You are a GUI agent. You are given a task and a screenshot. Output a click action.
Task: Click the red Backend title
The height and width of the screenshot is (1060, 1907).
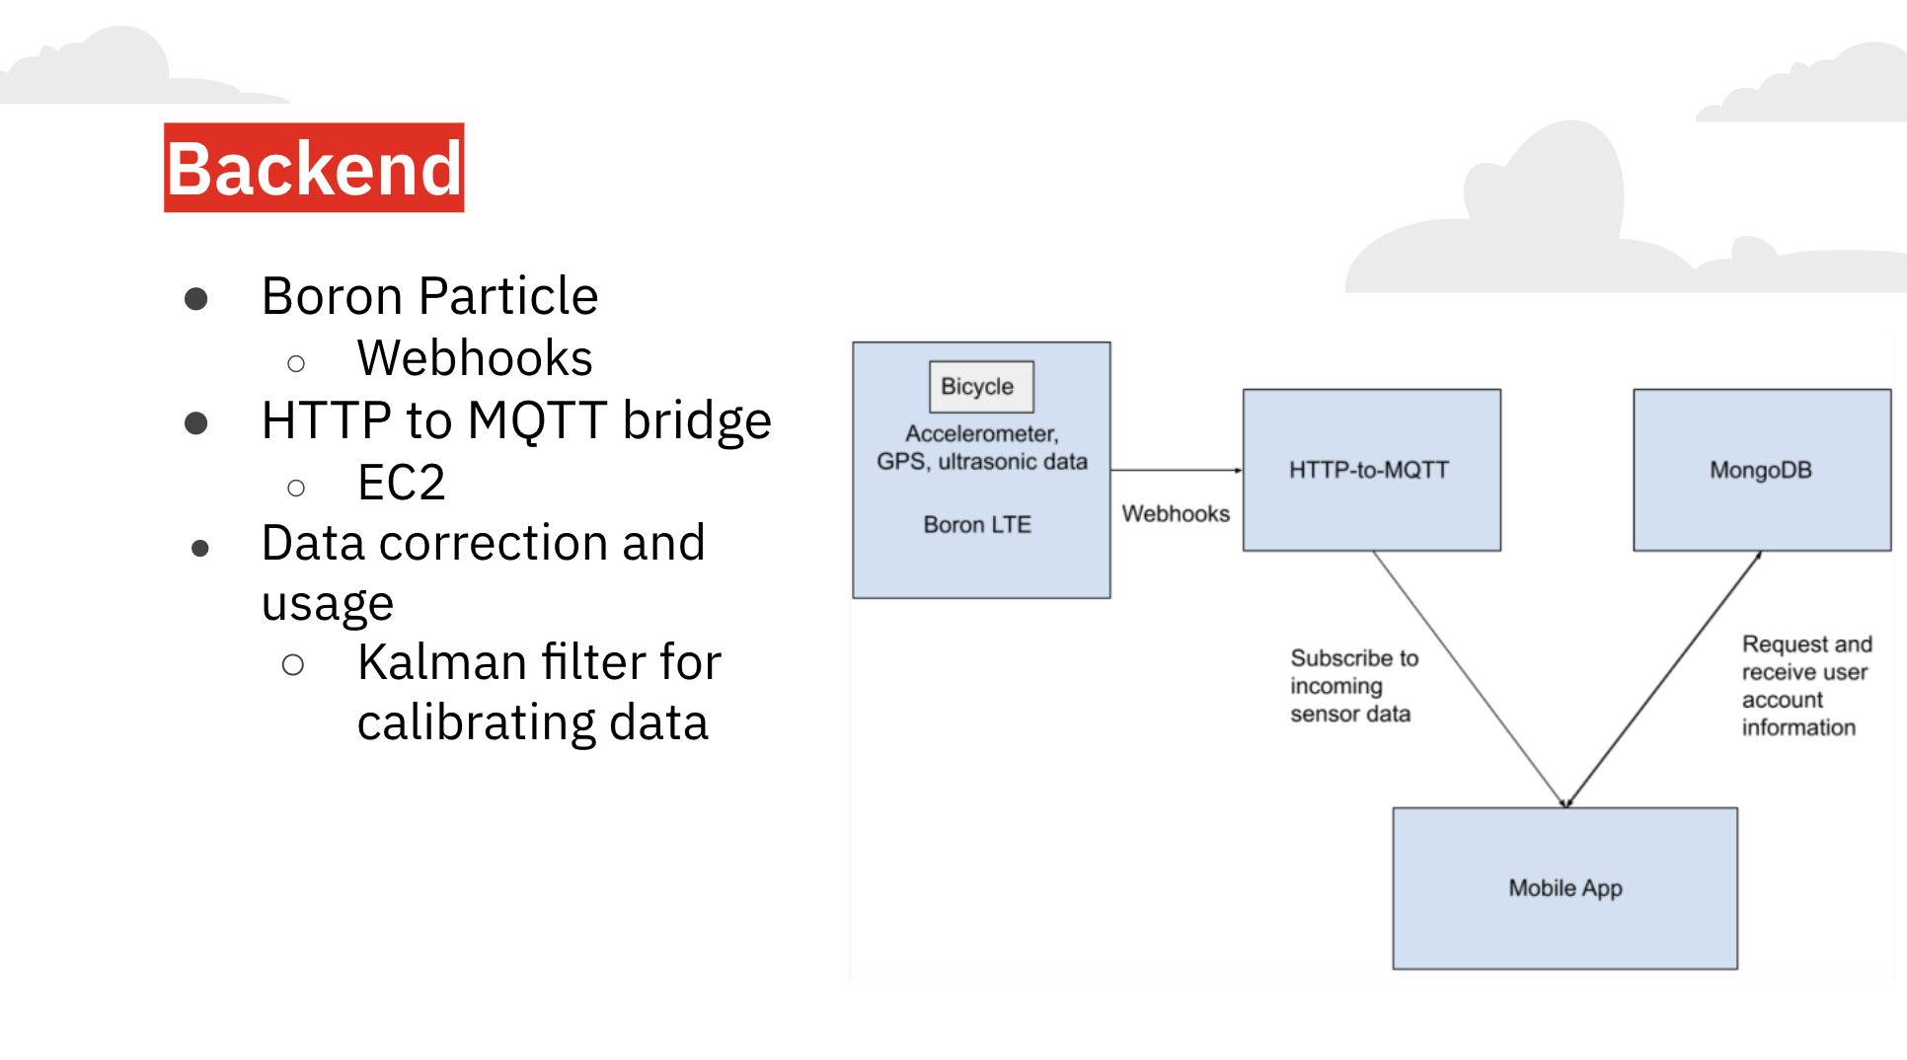click(314, 168)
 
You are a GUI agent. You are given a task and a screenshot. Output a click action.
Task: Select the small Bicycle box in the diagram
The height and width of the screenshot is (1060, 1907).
click(980, 387)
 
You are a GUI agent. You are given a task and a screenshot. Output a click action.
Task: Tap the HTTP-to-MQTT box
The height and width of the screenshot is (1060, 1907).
click(1370, 470)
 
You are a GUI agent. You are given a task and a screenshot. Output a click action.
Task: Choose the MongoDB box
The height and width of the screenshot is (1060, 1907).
click(1761, 470)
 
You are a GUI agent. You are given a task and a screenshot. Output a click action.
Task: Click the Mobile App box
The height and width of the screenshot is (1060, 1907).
click(1564, 888)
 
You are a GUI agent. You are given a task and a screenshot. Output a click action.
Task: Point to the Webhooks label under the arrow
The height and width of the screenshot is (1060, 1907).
click(1176, 514)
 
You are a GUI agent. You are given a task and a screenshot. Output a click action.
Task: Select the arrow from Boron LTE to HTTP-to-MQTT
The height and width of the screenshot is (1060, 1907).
click(1175, 471)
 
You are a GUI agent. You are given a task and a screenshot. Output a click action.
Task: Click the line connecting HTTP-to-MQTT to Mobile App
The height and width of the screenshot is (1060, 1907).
click(1469, 678)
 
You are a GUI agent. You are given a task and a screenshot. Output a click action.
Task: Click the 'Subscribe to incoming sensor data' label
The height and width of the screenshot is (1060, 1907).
click(1353, 686)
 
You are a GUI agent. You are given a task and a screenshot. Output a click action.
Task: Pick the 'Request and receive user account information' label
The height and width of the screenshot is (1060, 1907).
click(1805, 686)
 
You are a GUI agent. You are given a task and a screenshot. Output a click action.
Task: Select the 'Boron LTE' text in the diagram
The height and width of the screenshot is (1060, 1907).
click(977, 525)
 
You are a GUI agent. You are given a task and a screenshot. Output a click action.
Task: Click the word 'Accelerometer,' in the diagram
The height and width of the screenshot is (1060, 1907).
click(981, 434)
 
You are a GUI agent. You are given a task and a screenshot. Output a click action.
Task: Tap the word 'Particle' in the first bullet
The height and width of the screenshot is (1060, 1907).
click(508, 296)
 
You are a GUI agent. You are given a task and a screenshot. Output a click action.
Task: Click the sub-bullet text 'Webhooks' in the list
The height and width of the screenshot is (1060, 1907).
click(475, 358)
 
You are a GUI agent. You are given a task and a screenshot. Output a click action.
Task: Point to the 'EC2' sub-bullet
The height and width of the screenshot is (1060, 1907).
click(401, 483)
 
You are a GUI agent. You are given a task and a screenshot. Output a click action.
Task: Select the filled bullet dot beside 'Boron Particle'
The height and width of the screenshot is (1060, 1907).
click(196, 298)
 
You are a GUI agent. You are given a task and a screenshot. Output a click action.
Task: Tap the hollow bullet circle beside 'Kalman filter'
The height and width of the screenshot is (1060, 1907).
click(293, 665)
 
